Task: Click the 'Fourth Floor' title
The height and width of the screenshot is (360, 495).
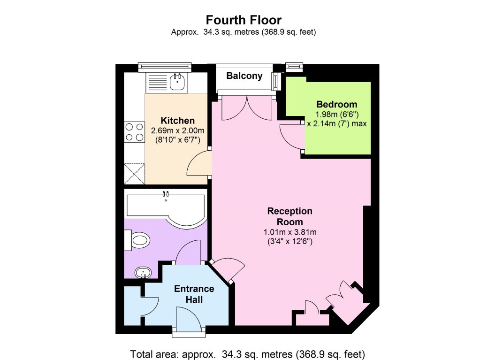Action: (244, 20)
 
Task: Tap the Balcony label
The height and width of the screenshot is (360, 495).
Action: (244, 76)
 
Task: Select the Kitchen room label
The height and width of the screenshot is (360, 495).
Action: (178, 120)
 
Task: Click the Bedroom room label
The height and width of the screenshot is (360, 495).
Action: (337, 104)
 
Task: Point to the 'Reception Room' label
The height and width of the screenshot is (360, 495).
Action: (290, 216)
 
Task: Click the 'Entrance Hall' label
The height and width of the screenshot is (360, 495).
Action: (194, 294)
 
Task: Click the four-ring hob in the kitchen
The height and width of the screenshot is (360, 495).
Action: (135, 132)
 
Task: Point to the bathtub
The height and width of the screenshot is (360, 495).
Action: (166, 209)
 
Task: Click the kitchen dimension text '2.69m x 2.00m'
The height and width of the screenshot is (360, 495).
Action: (178, 130)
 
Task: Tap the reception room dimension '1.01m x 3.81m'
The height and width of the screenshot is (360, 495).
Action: (290, 232)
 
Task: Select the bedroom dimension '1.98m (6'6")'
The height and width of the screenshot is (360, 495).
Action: (337, 114)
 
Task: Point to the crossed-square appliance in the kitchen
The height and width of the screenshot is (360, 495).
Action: (135, 173)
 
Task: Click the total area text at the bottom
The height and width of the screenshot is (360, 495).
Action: (248, 354)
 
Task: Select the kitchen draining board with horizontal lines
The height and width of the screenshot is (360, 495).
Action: (158, 83)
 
